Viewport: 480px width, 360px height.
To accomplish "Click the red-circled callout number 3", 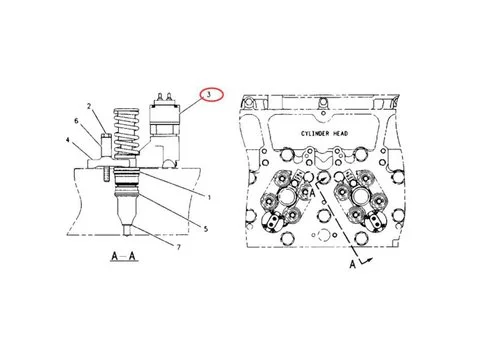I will [209, 95].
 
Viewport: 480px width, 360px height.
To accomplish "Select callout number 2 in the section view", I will [89, 106].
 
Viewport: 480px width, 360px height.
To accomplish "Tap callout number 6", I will [76, 121].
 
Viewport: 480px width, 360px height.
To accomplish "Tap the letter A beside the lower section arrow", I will [352, 266].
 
